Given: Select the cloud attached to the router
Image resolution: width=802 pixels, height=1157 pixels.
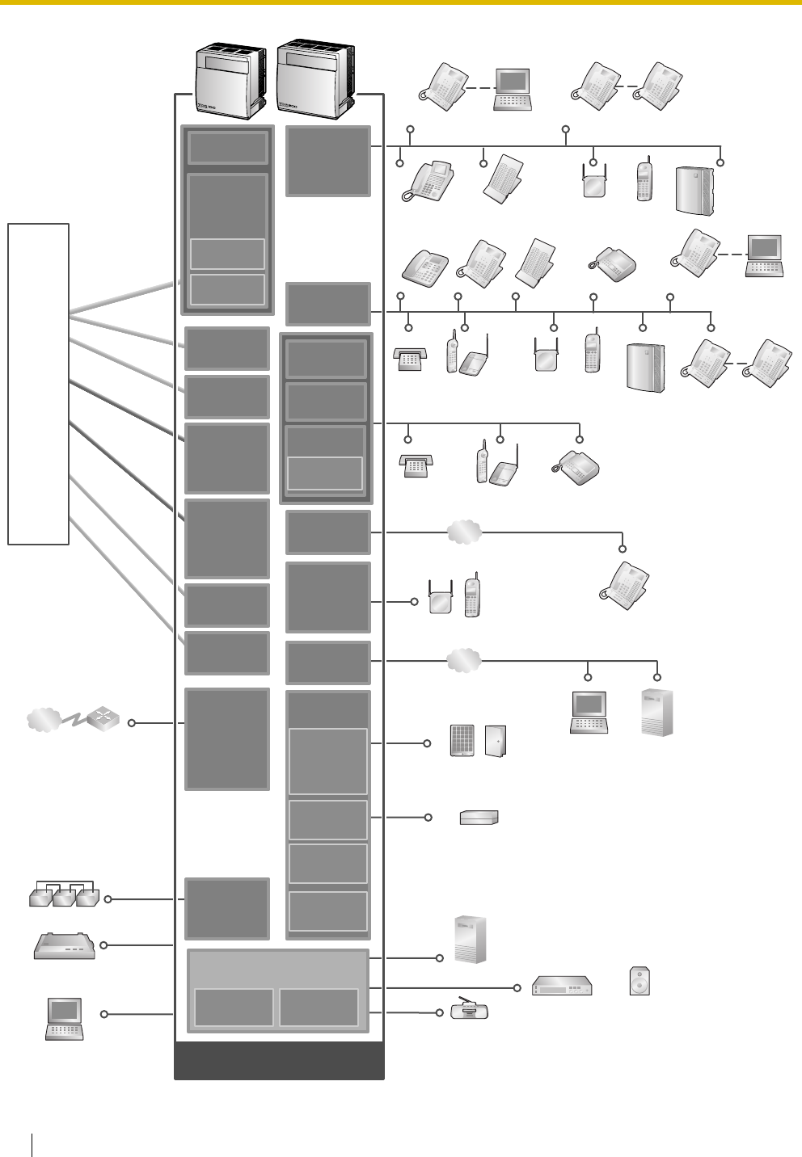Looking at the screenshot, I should [x=44, y=720].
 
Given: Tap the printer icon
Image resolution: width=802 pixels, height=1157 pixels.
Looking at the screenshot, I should [x=65, y=945].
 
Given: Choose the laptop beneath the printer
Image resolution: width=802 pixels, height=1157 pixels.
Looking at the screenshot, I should [x=65, y=1018].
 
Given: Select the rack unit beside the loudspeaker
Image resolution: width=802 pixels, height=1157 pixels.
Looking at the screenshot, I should [x=563, y=987].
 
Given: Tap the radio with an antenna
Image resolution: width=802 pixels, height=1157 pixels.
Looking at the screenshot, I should [x=470, y=1010].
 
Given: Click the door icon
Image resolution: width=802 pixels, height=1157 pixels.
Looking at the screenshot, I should [x=496, y=741].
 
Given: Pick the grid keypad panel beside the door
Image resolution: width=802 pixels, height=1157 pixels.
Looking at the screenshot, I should [x=462, y=741].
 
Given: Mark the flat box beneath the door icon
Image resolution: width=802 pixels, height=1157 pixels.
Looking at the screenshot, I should [x=479, y=818].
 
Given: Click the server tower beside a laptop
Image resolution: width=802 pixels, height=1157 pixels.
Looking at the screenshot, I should [x=656, y=713].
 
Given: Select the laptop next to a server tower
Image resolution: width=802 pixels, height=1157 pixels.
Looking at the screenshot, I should [x=589, y=713].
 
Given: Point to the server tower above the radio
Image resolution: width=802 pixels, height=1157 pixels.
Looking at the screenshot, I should [x=471, y=939].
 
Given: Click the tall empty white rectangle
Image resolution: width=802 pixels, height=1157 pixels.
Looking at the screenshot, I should [x=38, y=384].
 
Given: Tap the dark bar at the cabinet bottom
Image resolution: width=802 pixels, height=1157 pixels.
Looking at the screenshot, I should [x=279, y=1061].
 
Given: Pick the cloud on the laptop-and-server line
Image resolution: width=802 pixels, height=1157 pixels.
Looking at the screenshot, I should [x=464, y=661].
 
